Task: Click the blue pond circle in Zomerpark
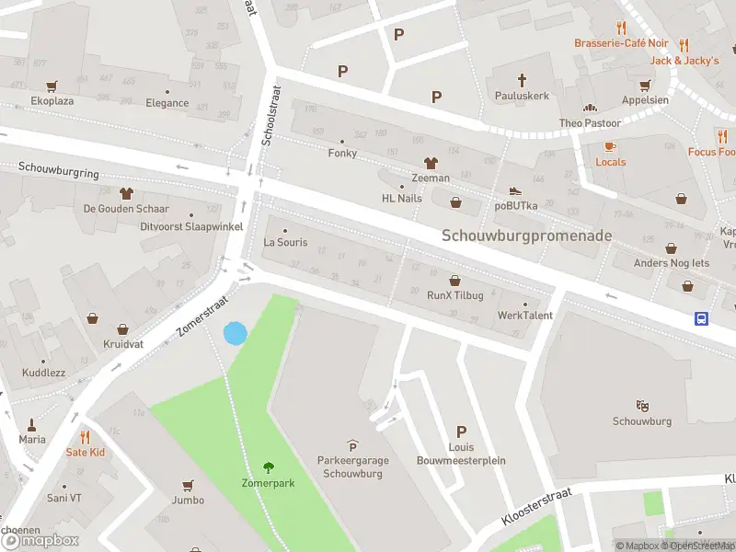[x=236, y=333]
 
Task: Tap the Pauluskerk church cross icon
[x=522, y=80]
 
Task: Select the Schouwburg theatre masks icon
[x=641, y=405]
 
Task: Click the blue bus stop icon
[x=701, y=318]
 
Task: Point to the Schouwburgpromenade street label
[x=526, y=236]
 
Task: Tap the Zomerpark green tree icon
[x=269, y=466]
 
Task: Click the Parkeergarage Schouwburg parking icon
[x=351, y=446]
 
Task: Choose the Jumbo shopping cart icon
[x=189, y=484]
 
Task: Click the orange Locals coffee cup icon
[x=610, y=146]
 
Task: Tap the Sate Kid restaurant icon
[x=85, y=437]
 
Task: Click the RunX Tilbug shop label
[x=454, y=296]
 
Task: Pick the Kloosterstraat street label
[x=537, y=508]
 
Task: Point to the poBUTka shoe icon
[x=515, y=190]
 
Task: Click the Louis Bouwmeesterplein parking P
[x=462, y=432]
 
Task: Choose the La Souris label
[x=284, y=243]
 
